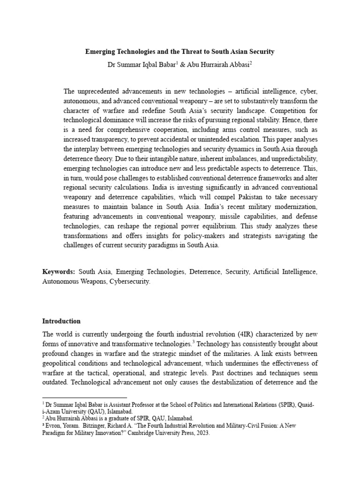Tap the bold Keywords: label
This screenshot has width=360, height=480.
tap(59, 271)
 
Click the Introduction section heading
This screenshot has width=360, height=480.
tap(61, 321)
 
